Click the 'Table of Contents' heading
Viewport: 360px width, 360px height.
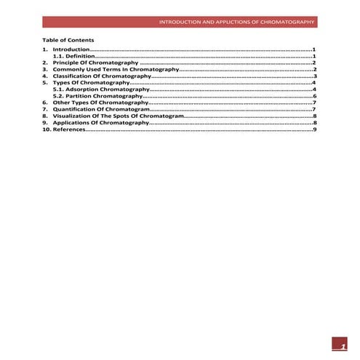pos(68,39)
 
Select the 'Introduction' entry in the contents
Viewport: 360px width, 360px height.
pos(71,49)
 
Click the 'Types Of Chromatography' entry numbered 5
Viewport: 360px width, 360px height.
pos(91,83)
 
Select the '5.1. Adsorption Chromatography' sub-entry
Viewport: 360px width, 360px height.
pos(101,89)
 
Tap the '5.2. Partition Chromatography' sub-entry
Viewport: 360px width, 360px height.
pos(97,96)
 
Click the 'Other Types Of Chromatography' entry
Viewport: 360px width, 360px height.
pos(100,103)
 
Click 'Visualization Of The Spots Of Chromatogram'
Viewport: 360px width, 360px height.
pos(119,116)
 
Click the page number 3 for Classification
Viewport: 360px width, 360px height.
pos(314,76)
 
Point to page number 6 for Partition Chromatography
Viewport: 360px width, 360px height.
pos(314,96)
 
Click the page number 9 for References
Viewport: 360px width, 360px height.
pos(314,130)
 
